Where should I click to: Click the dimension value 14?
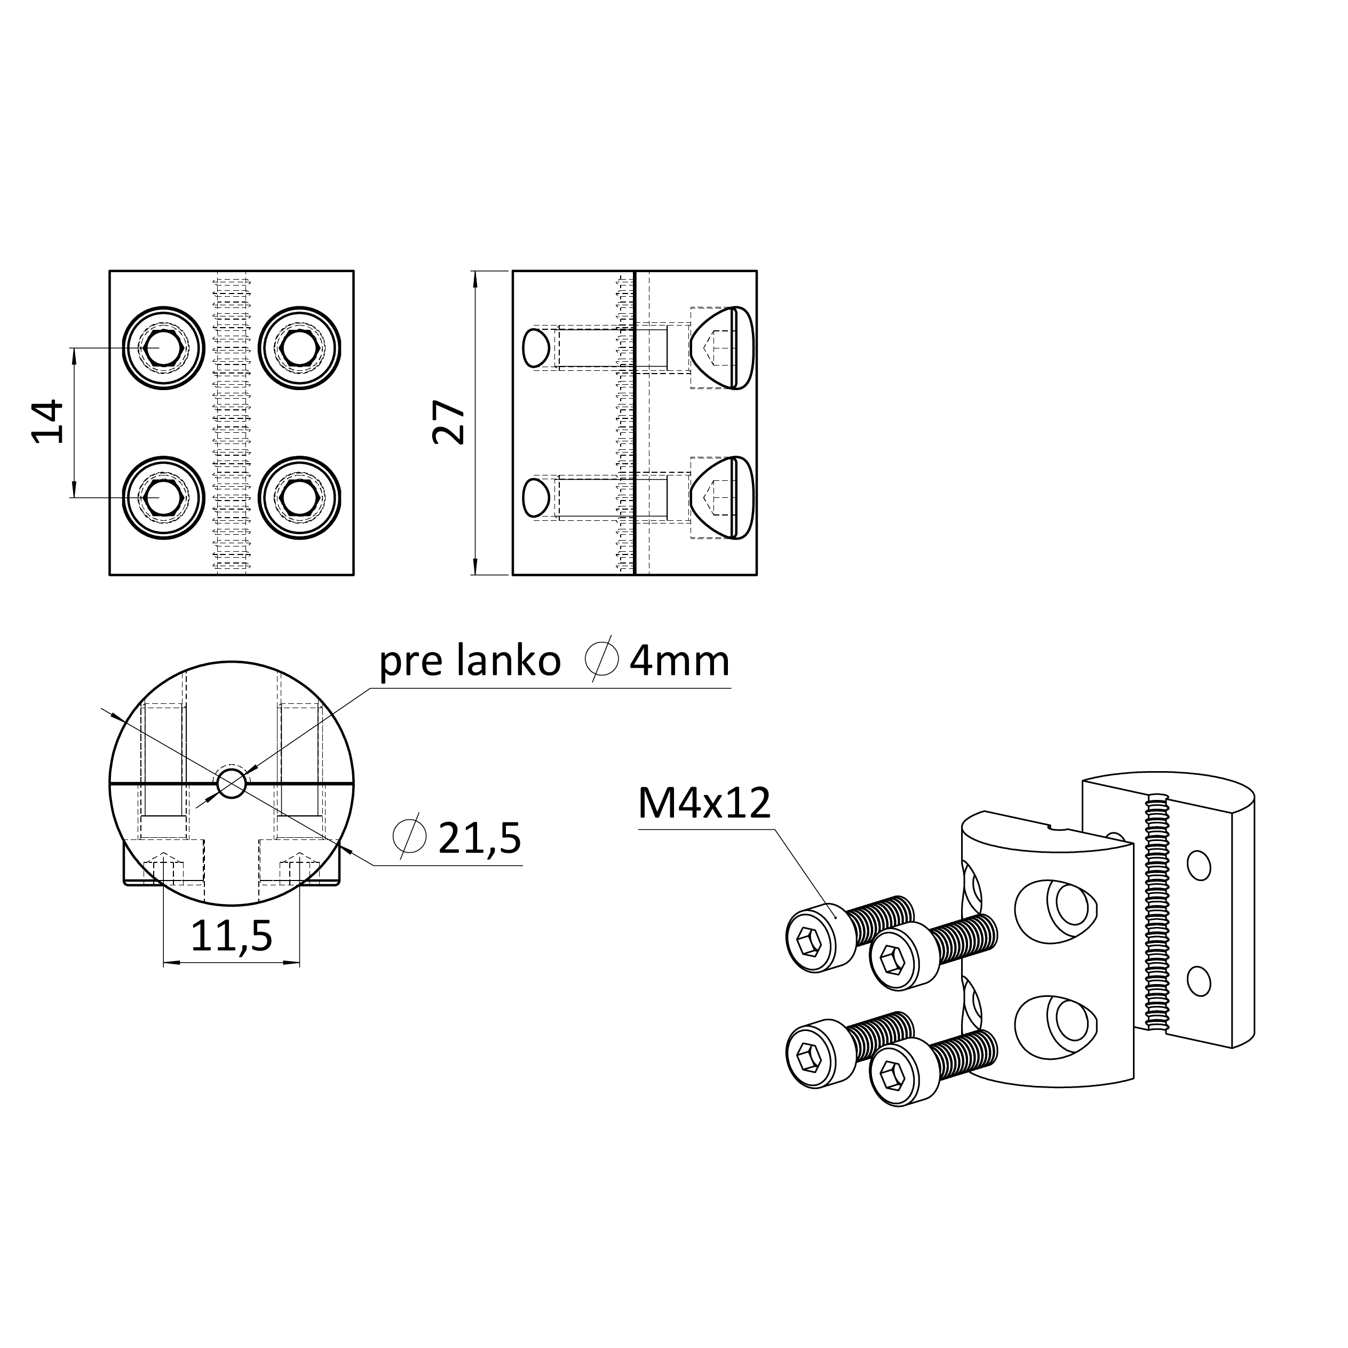48,422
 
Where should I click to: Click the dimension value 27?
449,422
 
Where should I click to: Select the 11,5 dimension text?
231,937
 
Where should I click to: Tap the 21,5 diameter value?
479,838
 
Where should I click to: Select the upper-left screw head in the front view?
163,347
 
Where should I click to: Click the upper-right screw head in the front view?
300,347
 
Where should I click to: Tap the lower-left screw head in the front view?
163,497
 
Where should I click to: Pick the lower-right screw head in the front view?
300,497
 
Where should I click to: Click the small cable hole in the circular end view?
232,783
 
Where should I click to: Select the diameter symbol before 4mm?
601,658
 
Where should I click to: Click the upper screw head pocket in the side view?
722,347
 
